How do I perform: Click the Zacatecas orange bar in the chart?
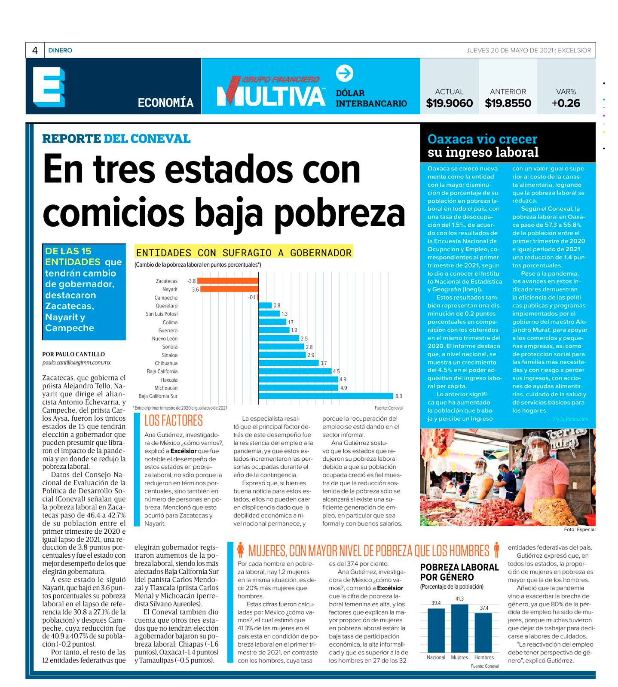pyautogui.click(x=228, y=281)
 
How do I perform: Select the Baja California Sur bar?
pyautogui.click(x=326, y=396)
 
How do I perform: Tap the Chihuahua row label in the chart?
pyautogui.click(x=166, y=363)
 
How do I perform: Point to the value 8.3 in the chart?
pyautogui.click(x=398, y=396)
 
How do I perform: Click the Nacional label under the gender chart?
pyautogui.click(x=436, y=657)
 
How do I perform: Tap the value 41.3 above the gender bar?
pyautogui.click(x=459, y=599)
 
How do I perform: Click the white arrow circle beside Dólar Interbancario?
pyautogui.click(x=344, y=73)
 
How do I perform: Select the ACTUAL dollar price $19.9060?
pyautogui.click(x=449, y=103)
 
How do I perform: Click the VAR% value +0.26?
pyautogui.click(x=566, y=103)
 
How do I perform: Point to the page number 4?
pyautogui.click(x=35, y=51)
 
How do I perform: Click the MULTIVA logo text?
pyautogui.click(x=271, y=95)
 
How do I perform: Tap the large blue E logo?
pyautogui.click(x=49, y=87)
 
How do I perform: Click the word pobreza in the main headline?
pyautogui.click(x=340, y=213)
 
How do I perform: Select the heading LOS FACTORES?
pyautogui.click(x=174, y=420)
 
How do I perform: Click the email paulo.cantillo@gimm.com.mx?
pyautogui.click(x=76, y=363)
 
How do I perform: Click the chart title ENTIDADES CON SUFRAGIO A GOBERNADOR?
pyautogui.click(x=244, y=252)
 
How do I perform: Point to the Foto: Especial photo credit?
pyautogui.click(x=579, y=529)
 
